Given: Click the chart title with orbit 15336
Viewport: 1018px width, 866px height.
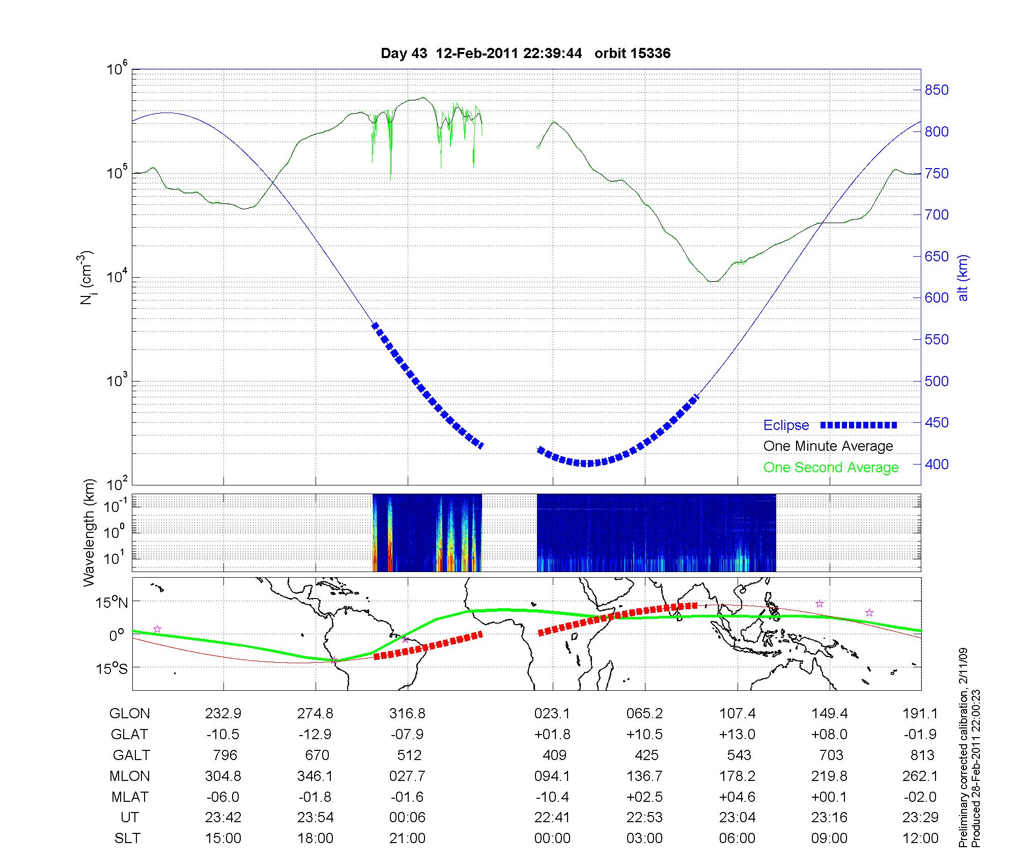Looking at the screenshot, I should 525,53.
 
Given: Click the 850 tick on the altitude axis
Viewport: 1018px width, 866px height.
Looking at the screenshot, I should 936,90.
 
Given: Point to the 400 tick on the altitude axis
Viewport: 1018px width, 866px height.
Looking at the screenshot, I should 936,464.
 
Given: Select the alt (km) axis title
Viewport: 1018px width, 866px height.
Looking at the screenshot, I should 963,285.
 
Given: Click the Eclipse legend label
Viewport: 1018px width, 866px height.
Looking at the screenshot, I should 786,425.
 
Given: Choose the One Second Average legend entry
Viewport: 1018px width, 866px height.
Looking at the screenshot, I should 831,467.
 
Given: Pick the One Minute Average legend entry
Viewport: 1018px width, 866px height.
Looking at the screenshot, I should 828,446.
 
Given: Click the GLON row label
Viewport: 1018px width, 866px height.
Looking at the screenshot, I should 129,713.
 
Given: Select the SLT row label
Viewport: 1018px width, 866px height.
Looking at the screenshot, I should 127,838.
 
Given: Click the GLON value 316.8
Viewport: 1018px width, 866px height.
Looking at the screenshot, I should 407,713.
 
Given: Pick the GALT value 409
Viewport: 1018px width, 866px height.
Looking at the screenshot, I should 554,755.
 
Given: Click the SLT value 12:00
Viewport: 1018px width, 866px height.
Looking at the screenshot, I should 920,838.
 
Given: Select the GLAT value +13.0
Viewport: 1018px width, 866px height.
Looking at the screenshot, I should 737,734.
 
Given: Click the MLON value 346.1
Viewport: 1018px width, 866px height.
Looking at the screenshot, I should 315,776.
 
